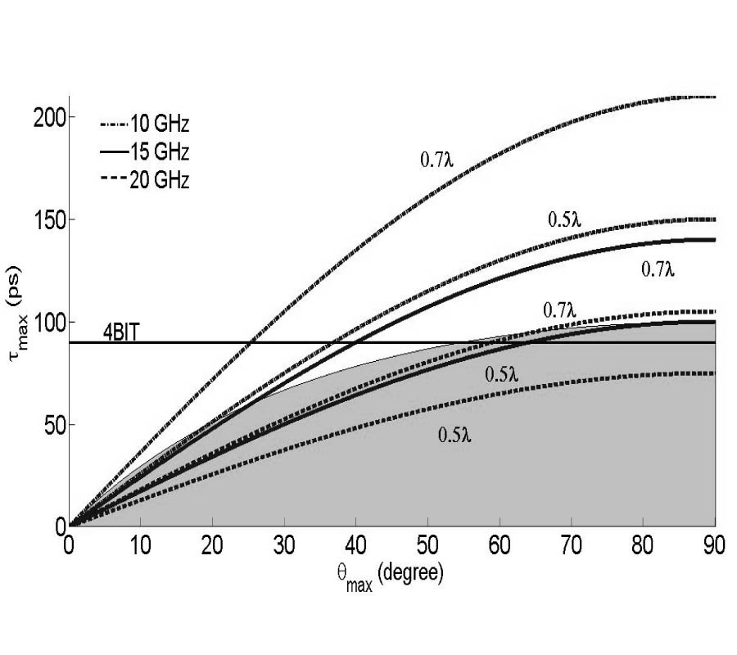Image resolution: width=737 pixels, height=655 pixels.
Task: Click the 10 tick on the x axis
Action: point(141,544)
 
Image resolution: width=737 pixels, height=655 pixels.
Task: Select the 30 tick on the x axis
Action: point(284,544)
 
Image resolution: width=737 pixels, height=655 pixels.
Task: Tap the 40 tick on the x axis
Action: point(356,544)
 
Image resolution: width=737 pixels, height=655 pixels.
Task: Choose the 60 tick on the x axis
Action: point(500,544)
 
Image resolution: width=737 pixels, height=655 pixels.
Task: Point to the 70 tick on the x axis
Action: point(572,544)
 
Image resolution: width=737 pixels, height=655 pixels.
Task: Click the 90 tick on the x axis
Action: point(715,544)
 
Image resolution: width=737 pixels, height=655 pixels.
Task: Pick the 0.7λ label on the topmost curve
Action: point(436,160)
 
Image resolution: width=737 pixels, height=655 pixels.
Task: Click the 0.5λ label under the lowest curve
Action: point(454,435)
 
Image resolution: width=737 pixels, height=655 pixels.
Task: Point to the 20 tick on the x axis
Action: point(213,544)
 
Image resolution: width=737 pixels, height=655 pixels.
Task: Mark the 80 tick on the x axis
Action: point(643,544)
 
